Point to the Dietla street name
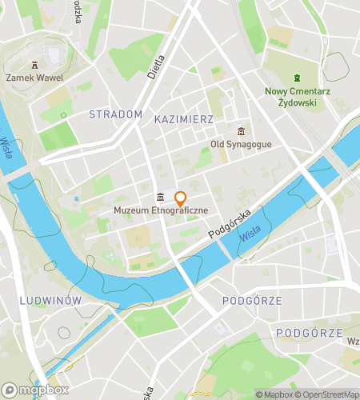point(156,66)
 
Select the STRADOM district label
point(116,114)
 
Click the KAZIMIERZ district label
point(183,118)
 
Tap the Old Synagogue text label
point(241,145)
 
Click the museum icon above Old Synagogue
point(241,131)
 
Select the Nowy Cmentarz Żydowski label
point(297,97)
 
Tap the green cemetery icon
point(297,78)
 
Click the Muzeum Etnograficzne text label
point(161,210)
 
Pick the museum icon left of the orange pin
point(161,198)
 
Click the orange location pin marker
point(181,199)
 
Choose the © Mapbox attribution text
point(274,394)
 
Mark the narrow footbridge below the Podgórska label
point(226,250)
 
